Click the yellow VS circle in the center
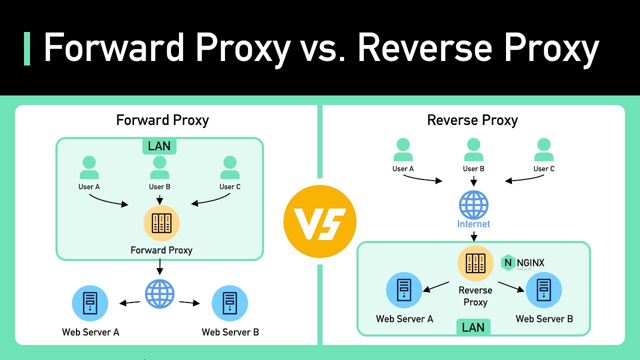[319, 221]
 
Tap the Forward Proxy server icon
[161, 223]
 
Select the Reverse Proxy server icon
[475, 263]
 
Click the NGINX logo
[523, 263]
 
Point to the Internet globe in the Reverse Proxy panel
[473, 204]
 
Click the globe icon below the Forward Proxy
[159, 293]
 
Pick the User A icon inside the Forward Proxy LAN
[89, 168]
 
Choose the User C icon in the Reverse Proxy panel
[543, 150]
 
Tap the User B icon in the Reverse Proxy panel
[473, 150]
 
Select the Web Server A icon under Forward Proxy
[90, 303]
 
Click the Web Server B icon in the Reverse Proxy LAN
[543, 290]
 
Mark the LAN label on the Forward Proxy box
[159, 146]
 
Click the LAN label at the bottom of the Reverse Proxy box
[473, 327]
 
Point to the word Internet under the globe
[473, 224]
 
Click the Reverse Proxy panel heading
[472, 120]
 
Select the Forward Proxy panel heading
[162, 120]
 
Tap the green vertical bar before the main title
[27, 48]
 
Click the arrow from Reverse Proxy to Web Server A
[436, 286]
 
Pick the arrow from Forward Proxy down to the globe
[159, 269]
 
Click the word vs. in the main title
[323, 49]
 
